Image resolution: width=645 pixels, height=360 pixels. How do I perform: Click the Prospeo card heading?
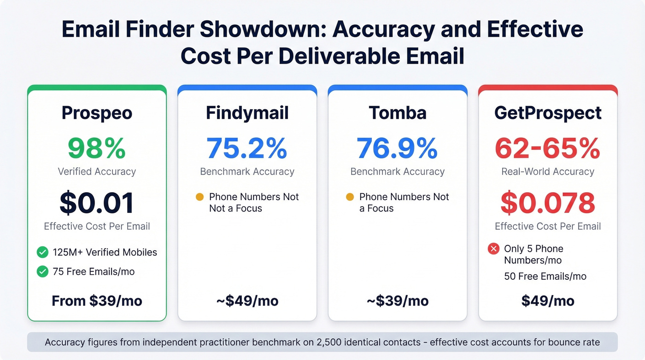(97, 113)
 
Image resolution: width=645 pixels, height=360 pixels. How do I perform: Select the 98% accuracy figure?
(97, 148)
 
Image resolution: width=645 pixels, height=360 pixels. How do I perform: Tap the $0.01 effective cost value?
(97, 203)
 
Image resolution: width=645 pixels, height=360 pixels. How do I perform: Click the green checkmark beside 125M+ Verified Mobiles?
(42, 252)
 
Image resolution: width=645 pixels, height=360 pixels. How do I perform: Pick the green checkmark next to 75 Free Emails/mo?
(42, 271)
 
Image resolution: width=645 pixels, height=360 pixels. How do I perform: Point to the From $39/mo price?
(97, 301)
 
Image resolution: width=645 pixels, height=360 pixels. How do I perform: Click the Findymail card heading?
(247, 113)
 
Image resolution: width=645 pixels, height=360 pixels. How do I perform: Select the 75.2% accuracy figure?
(247, 148)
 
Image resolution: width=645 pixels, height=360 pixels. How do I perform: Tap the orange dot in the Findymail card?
(199, 197)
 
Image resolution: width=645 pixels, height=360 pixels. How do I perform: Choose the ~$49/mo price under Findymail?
(247, 301)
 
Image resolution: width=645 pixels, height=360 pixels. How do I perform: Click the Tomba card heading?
(398, 113)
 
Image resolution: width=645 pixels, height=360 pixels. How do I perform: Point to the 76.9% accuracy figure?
(398, 148)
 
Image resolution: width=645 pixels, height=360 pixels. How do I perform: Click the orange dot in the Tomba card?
(350, 197)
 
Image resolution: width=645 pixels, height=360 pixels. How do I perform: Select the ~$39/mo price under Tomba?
(398, 301)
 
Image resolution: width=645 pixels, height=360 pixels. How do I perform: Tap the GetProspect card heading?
(548, 113)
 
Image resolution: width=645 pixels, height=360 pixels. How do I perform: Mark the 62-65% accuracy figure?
(548, 148)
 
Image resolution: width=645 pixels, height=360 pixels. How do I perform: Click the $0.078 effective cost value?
(548, 203)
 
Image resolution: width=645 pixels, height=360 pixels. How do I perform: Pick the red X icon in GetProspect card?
(493, 249)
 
